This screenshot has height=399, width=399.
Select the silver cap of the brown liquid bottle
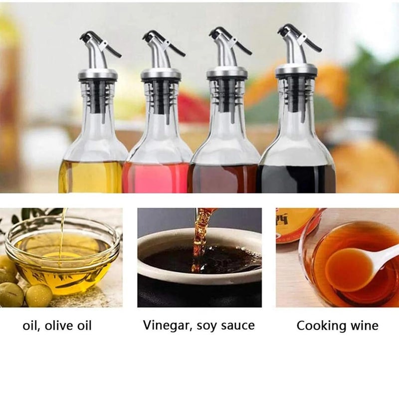226,74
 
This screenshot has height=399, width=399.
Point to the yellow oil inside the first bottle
90,177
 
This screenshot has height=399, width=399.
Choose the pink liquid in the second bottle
156,178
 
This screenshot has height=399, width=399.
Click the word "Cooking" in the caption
321,326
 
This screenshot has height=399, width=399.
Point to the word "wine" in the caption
364,326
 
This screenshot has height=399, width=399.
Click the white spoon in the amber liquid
359,267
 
